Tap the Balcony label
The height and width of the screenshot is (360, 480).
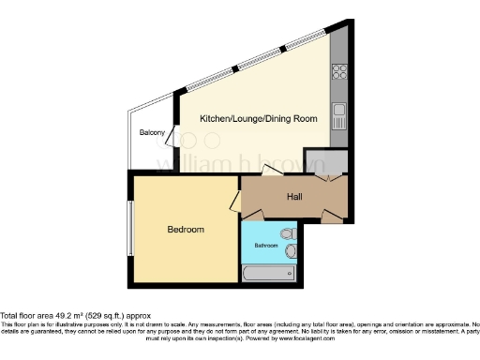click(152, 133)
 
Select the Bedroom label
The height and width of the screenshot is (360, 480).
click(186, 229)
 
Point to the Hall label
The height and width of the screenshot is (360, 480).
click(294, 197)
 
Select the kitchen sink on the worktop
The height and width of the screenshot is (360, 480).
click(339, 117)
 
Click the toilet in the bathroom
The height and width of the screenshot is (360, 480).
click(288, 232)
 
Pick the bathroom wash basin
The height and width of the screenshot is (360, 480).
click(292, 251)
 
